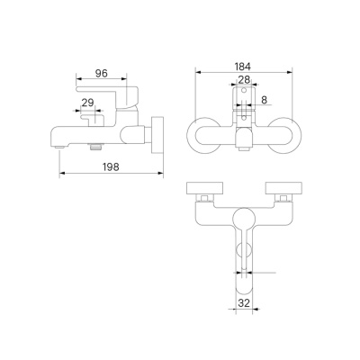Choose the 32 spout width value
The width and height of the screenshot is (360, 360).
click(245, 304)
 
